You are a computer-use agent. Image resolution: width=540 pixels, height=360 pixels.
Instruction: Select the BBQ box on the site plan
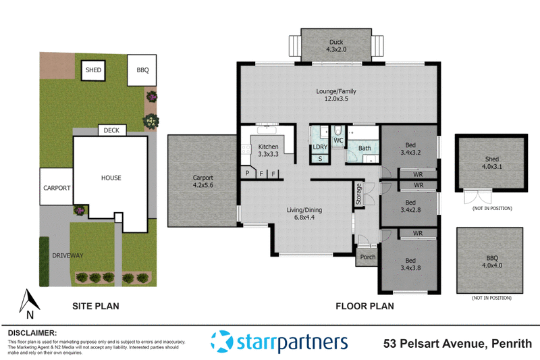(x=142, y=70)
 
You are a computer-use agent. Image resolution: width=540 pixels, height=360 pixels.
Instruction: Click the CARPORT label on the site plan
(x=57, y=188)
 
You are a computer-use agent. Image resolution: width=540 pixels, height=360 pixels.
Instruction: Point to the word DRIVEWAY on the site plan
(x=65, y=255)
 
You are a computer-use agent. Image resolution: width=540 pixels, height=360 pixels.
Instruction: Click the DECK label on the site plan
(x=109, y=130)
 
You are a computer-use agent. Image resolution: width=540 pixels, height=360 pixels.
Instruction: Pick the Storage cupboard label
(x=358, y=194)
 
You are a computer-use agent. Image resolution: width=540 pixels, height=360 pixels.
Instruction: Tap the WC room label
(x=338, y=140)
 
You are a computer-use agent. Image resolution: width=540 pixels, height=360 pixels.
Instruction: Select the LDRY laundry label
(x=319, y=147)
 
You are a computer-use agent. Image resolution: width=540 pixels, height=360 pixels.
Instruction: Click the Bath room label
(x=364, y=148)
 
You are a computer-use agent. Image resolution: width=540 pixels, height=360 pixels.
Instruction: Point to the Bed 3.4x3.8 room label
(x=410, y=263)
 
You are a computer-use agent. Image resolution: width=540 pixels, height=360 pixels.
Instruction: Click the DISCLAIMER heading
(x=32, y=333)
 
